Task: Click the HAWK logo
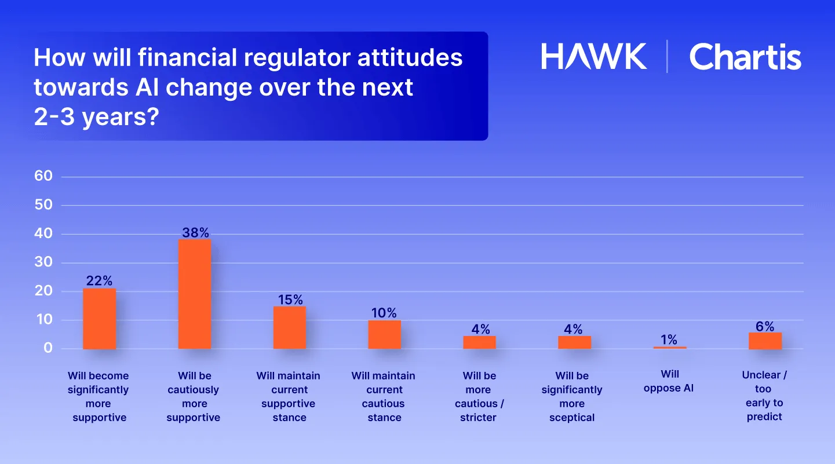tap(594, 57)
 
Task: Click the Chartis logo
tap(745, 57)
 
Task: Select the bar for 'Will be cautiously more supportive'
tap(195, 294)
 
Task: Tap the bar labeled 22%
tap(100, 319)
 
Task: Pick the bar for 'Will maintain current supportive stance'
tap(290, 328)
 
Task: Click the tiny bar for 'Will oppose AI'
tap(670, 348)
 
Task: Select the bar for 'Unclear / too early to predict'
tap(765, 341)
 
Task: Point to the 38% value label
tap(195, 233)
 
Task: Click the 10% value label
tap(384, 313)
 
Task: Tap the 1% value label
tap(669, 340)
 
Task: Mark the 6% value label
tap(765, 327)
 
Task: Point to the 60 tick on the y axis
tap(43, 177)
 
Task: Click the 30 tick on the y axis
tap(43, 262)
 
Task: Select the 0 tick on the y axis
tap(48, 349)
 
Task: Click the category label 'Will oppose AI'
tap(669, 381)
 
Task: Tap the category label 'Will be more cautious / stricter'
tap(479, 396)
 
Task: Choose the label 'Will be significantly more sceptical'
tap(572, 396)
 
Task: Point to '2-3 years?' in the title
tap(96, 118)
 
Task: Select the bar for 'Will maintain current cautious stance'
tap(384, 334)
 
